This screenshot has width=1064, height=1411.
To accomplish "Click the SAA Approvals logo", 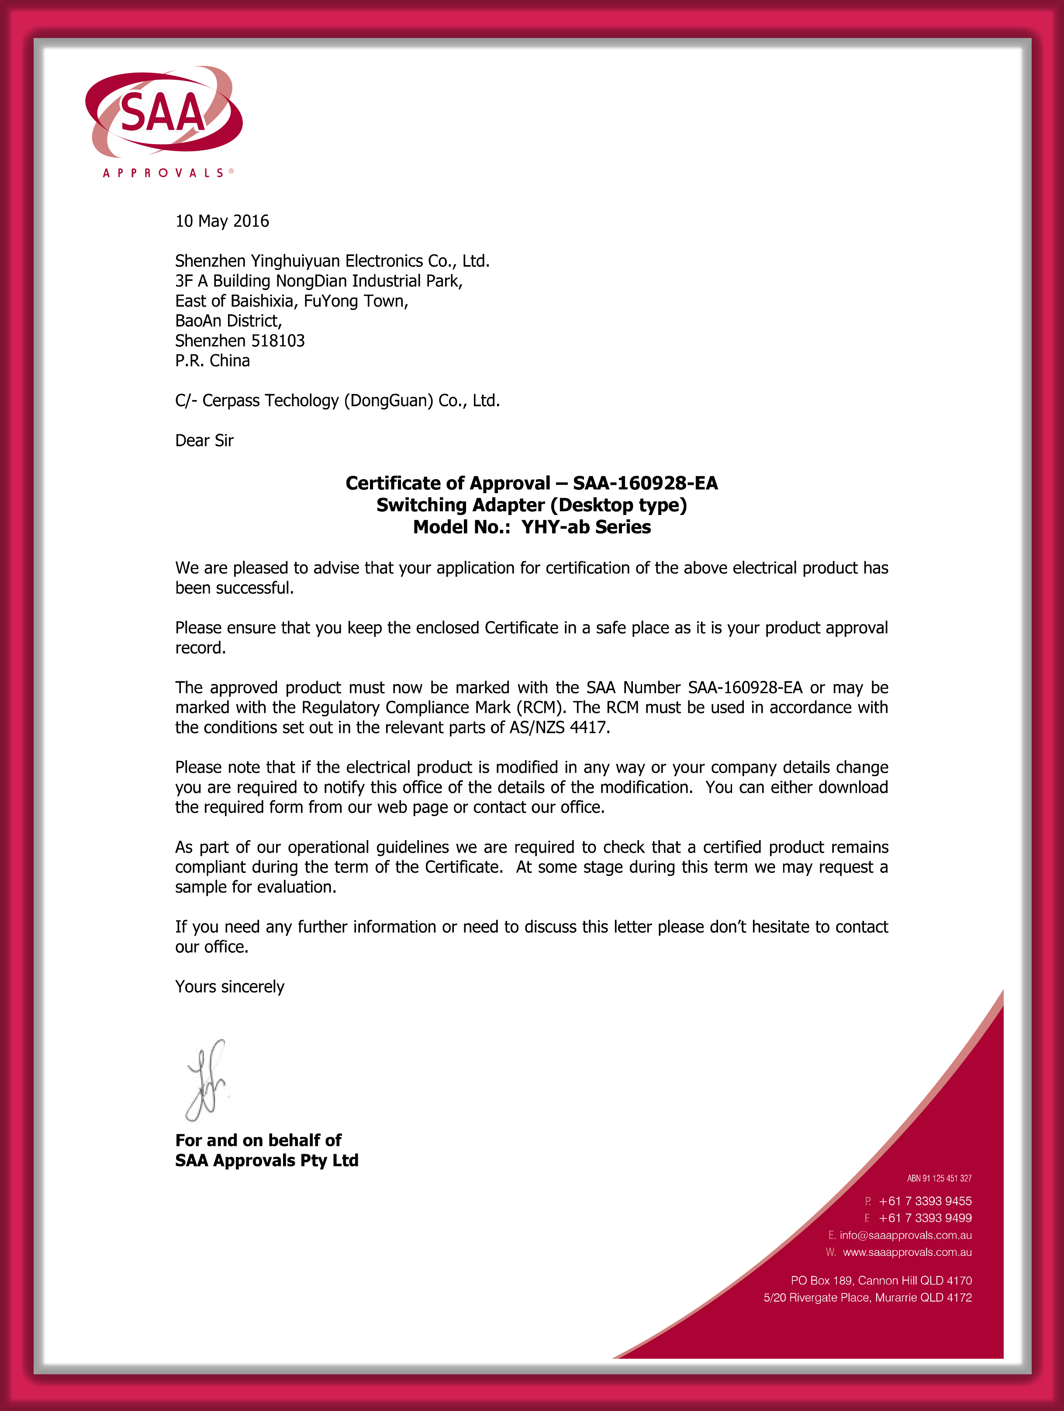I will [164, 118].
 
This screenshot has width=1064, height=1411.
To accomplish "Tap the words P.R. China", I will [212, 361].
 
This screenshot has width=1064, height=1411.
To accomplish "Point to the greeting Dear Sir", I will [204, 441].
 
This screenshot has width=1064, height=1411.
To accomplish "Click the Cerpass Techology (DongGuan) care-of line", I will [338, 401].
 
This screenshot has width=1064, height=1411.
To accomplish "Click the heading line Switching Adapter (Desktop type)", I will [532, 505].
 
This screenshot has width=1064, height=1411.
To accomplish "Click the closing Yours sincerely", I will [230, 987].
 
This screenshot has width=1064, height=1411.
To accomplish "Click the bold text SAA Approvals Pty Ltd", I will [266, 1160].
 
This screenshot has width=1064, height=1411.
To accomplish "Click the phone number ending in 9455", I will [925, 1201].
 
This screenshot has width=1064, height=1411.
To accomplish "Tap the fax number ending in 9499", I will [925, 1218].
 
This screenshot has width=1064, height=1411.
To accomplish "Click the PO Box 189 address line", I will [881, 1281].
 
